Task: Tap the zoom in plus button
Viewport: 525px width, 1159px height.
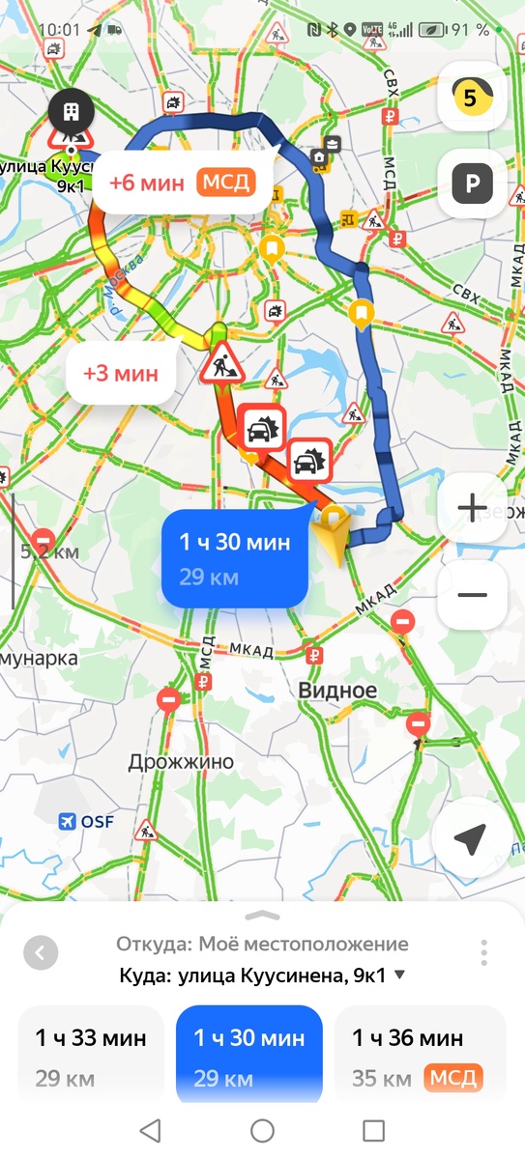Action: click(472, 507)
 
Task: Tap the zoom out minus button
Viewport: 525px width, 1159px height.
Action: click(472, 594)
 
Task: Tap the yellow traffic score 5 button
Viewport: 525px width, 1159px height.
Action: click(472, 97)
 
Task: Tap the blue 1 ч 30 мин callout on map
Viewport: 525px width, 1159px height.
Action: click(235, 557)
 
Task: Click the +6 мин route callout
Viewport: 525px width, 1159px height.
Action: click(182, 182)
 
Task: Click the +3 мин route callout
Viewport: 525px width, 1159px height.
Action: click(121, 373)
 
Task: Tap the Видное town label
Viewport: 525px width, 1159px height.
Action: click(337, 692)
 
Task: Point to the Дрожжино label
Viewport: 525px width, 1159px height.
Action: click(181, 762)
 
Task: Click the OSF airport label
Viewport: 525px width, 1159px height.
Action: click(87, 822)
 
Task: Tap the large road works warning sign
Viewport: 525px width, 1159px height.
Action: click(220, 362)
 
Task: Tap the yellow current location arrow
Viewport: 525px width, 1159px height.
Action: click(336, 532)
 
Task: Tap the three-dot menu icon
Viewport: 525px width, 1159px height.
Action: click(483, 952)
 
